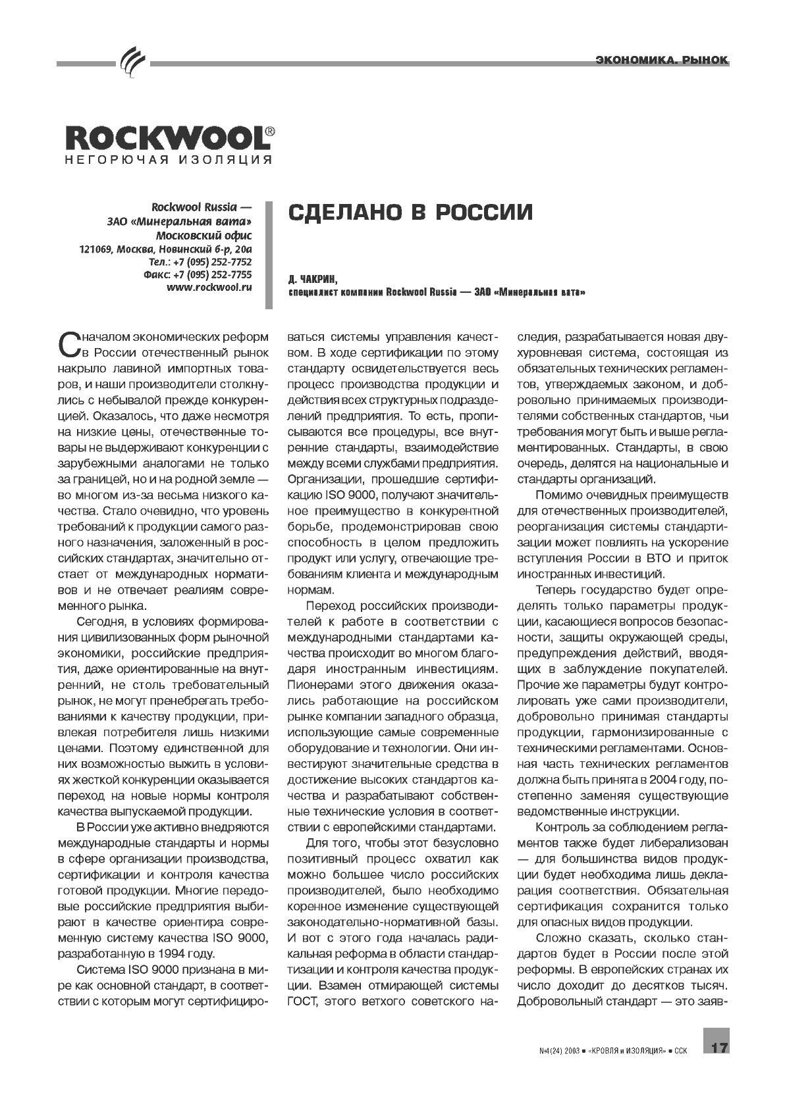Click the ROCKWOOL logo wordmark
coord(165,139)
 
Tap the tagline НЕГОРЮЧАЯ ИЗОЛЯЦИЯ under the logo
coord(168,160)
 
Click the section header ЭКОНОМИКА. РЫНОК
coord(661,61)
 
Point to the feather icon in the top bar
coord(132,64)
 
